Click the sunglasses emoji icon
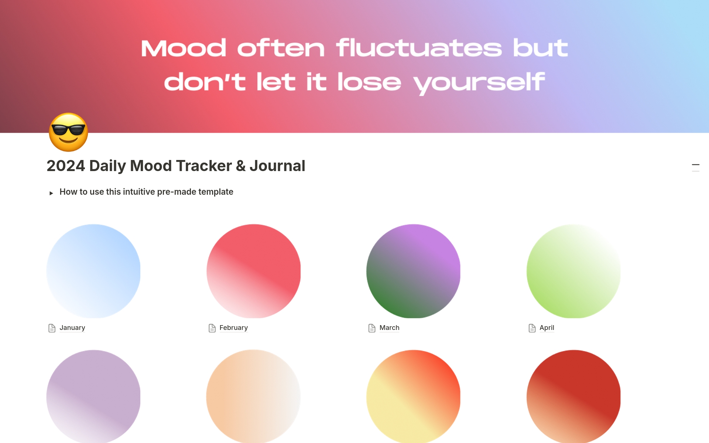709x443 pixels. point(69,132)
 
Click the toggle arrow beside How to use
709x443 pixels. point(51,193)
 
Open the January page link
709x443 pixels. point(72,328)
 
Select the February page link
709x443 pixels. point(233,328)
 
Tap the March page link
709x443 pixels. point(389,328)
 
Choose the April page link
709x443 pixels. point(547,328)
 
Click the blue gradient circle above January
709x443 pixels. point(93,271)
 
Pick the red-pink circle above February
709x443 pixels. point(254,271)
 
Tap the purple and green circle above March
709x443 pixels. point(414,271)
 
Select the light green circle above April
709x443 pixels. point(573,271)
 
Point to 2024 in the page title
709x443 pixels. point(66,166)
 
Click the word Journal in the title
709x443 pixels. point(277,166)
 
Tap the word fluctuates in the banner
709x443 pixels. point(419,48)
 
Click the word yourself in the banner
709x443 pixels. point(479,83)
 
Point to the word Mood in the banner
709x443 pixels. point(184,48)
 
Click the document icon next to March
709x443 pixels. point(372,328)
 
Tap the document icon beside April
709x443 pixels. point(532,328)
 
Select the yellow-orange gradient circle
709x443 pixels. point(414,396)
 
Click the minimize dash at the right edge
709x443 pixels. point(696,165)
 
